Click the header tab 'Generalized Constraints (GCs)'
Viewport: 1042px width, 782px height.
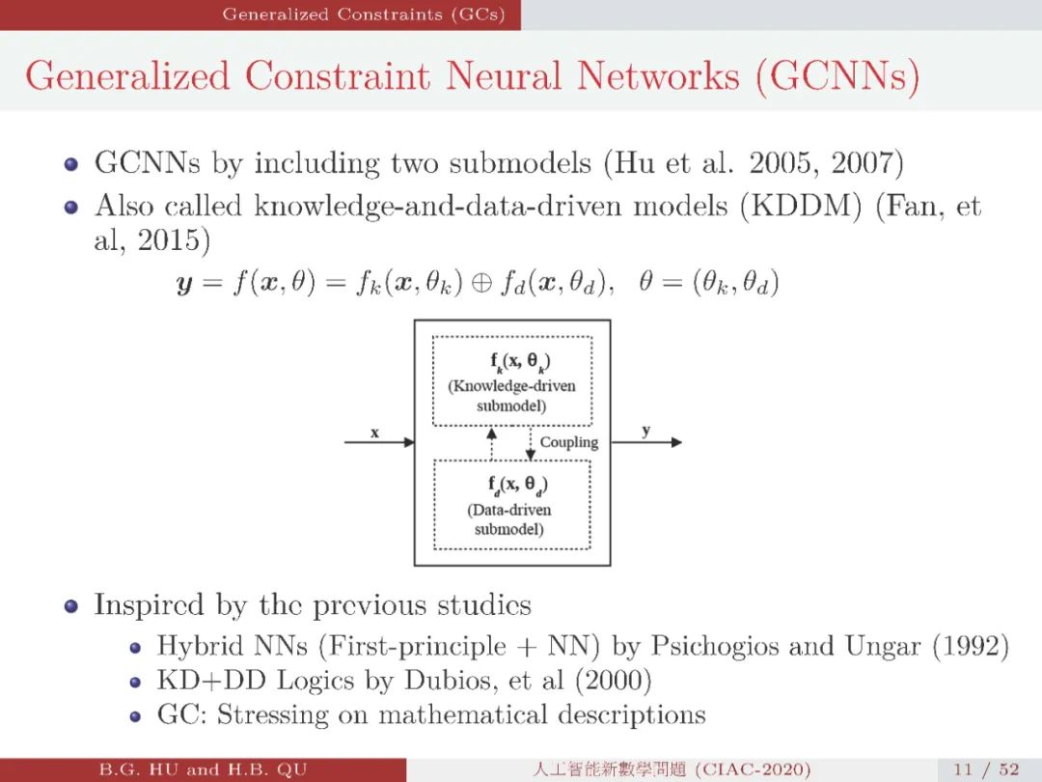coord(363,14)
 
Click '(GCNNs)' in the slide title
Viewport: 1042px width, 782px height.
coord(836,76)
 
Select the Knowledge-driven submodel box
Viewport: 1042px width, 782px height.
coord(511,380)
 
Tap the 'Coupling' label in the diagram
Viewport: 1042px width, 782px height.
coord(568,442)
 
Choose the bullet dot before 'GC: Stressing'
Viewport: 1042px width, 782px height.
coord(136,716)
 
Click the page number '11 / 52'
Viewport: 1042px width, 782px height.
coord(985,769)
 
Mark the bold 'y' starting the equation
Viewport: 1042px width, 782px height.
coord(183,285)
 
